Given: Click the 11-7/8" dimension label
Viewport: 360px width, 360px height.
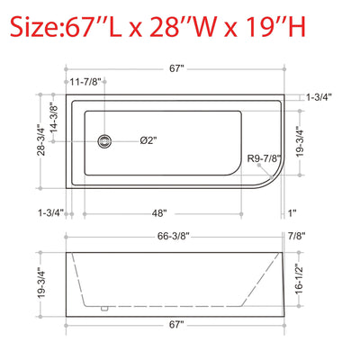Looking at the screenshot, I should point(85,82).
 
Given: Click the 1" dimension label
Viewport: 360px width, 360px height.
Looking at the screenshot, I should point(292,214).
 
